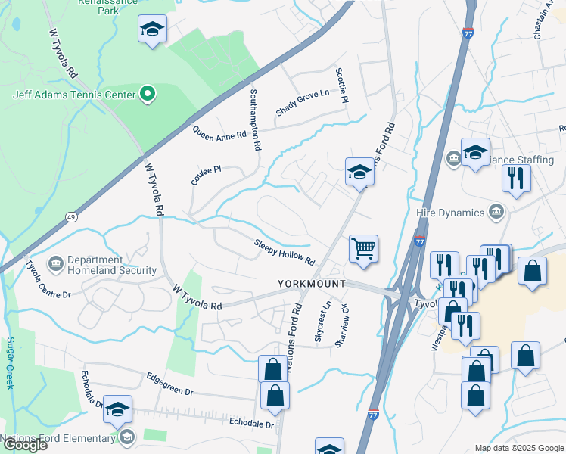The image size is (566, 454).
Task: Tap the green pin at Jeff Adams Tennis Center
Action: click(x=148, y=95)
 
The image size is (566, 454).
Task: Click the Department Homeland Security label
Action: click(x=111, y=265)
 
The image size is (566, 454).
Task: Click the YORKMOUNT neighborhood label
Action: click(x=310, y=283)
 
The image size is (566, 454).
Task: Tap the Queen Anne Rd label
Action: click(x=219, y=133)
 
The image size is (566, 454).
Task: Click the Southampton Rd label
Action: click(x=255, y=120)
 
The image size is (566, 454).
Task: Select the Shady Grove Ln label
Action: click(x=303, y=103)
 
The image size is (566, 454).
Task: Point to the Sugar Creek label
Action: click(x=11, y=363)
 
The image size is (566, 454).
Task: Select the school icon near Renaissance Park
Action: click(x=152, y=30)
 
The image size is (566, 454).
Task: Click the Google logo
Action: click(x=25, y=445)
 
